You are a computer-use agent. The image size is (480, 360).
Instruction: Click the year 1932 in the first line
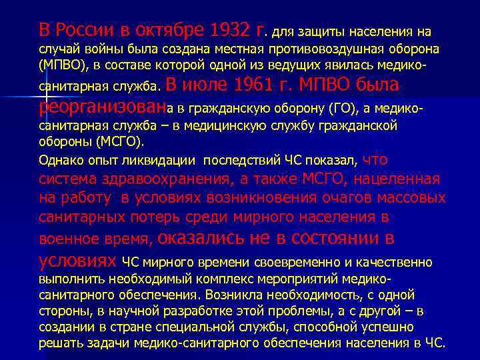pyautogui.click(x=231, y=31)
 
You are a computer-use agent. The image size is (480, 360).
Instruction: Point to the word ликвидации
pyautogui.click(x=164, y=160)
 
